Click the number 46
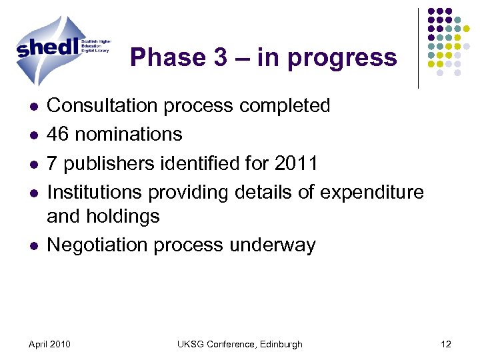[x=59, y=134]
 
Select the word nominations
[x=129, y=134]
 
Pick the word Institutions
[x=95, y=192]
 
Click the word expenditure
[x=372, y=193]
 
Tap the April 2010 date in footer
[x=51, y=344]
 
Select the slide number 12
[x=446, y=344]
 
